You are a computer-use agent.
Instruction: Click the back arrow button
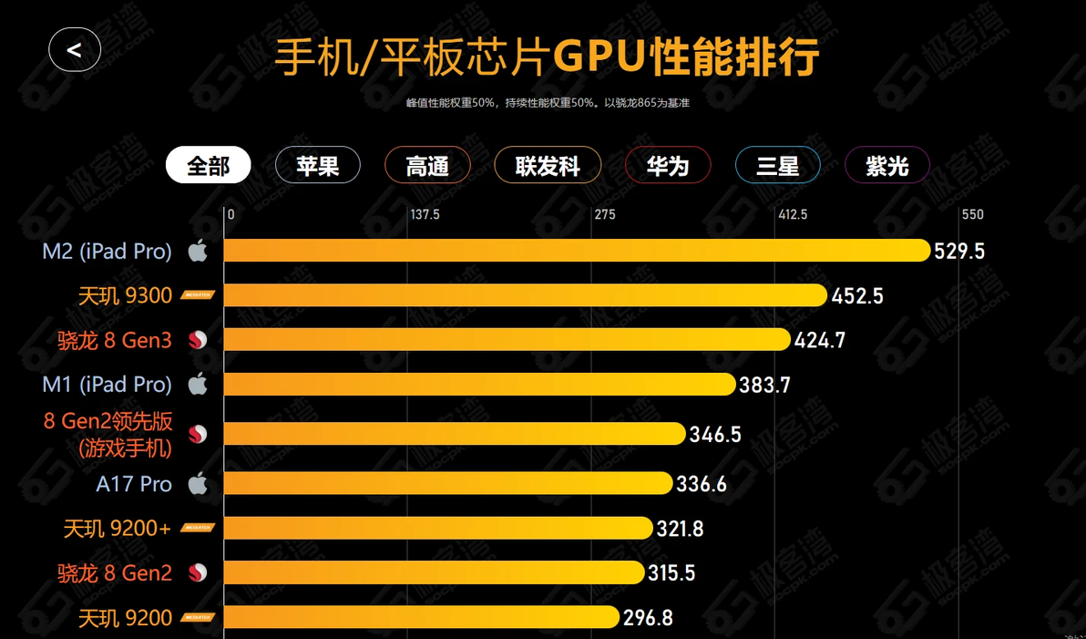tap(75, 50)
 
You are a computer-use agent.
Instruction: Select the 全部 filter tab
tap(208, 166)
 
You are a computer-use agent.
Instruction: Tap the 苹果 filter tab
tap(318, 166)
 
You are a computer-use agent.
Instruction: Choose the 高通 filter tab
tap(427, 166)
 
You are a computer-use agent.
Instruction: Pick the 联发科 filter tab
tap(548, 166)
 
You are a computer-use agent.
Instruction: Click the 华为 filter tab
tap(667, 166)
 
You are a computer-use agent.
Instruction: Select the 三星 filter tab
tap(777, 166)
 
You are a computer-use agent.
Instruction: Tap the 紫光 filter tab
tap(886, 166)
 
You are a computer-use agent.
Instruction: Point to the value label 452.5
tap(857, 296)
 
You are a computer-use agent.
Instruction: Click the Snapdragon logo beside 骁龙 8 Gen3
tap(198, 341)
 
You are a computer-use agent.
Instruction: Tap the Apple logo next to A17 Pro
tap(198, 484)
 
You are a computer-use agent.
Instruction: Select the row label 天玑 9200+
tap(117, 529)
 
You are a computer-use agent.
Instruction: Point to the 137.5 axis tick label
tap(425, 215)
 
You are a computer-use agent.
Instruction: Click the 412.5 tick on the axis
tap(792, 215)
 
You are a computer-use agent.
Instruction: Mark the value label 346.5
tap(715, 435)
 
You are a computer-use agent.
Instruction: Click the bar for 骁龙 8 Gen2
tap(434, 572)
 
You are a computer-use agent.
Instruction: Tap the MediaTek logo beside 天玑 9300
tap(198, 295)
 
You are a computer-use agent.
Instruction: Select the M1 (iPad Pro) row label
tap(107, 385)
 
